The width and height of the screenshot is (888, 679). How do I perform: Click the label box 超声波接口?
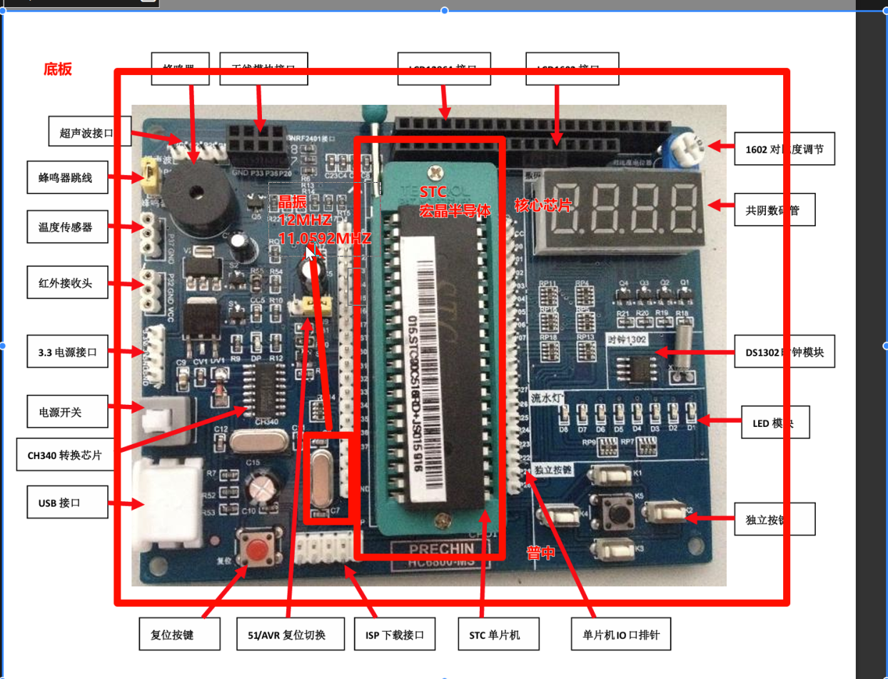(x=91, y=133)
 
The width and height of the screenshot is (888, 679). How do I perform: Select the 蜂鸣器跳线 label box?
(x=69, y=178)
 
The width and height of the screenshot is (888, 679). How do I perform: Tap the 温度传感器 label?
(x=69, y=228)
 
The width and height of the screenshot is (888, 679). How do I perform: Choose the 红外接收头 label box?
(x=69, y=283)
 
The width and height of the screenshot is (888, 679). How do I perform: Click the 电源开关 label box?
(x=69, y=412)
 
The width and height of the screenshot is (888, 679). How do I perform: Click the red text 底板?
(x=57, y=69)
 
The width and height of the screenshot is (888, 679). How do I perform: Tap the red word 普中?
(x=541, y=553)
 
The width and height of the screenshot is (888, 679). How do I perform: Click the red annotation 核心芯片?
(x=543, y=206)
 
